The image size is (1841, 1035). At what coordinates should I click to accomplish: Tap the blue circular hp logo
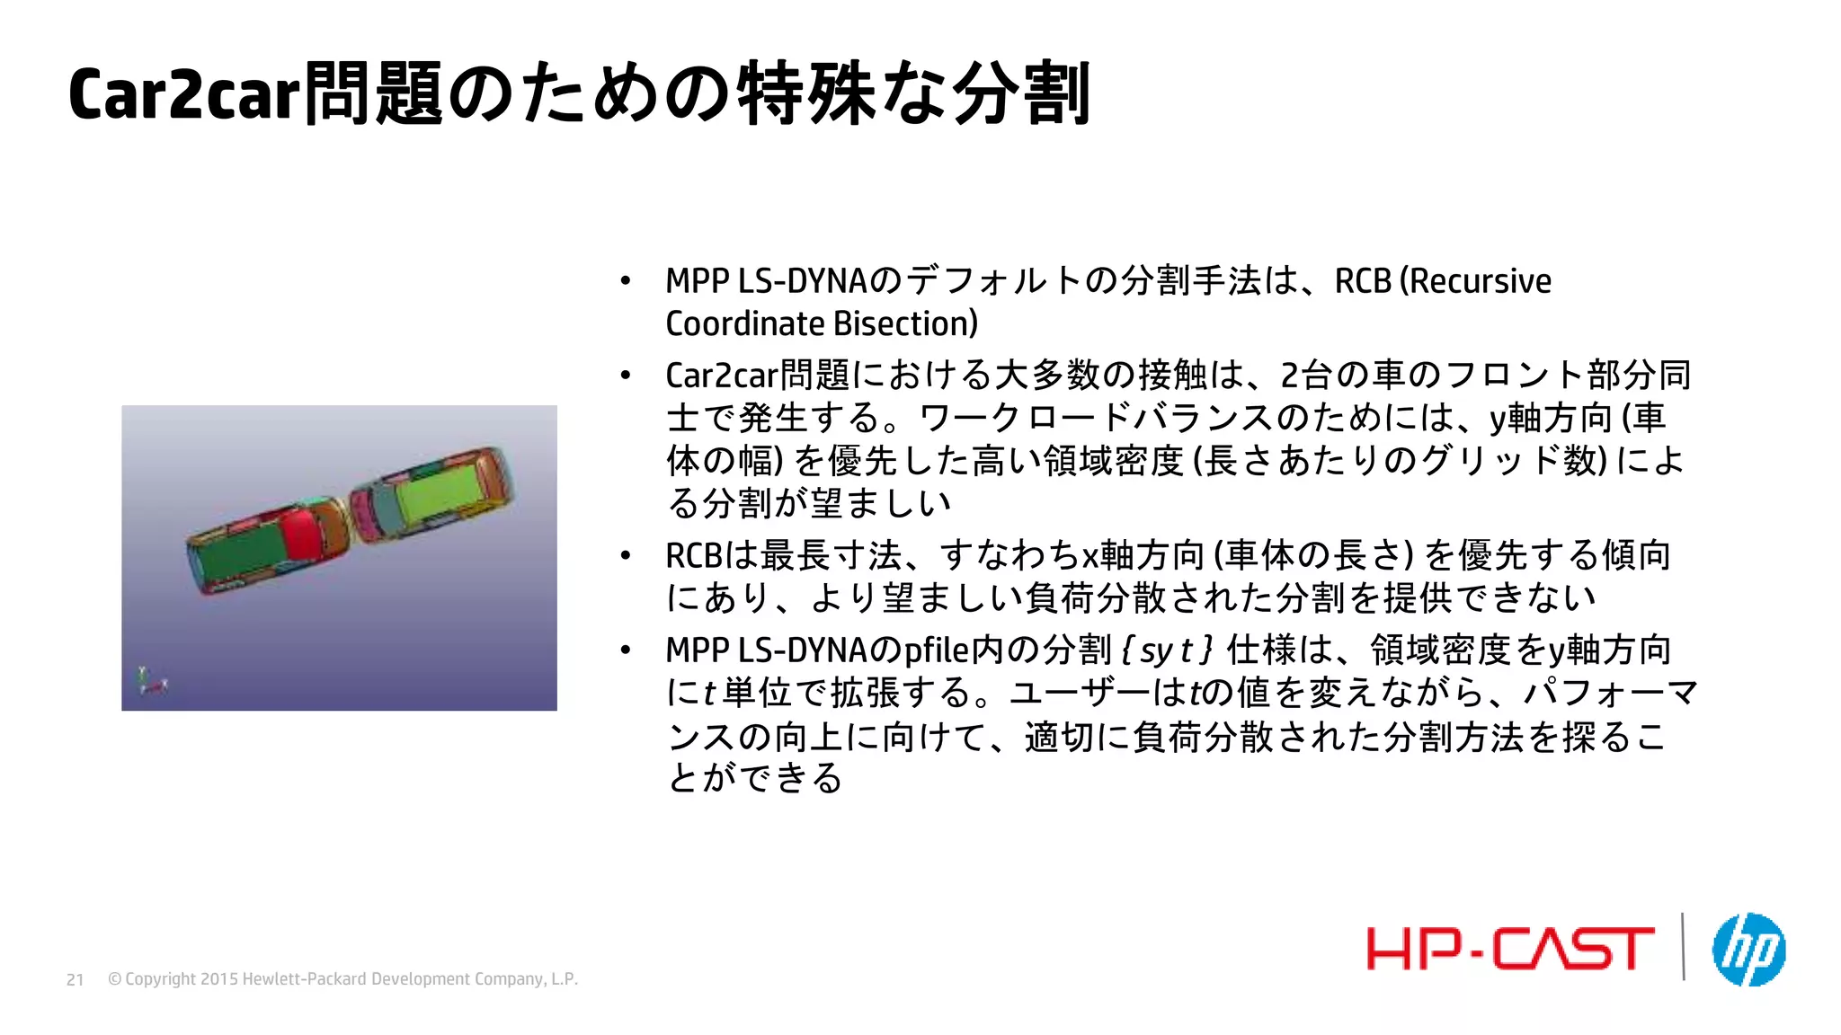(1748, 950)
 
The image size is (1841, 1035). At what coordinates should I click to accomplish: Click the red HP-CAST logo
(1510, 950)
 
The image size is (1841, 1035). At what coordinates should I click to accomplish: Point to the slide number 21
(76, 979)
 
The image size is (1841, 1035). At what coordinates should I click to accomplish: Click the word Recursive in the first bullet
(1480, 281)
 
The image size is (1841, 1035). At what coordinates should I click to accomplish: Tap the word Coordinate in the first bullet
(744, 323)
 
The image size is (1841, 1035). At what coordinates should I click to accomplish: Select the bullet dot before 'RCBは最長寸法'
(626, 556)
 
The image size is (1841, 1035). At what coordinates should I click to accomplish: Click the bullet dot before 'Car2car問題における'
(626, 375)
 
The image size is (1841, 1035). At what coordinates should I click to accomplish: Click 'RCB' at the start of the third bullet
(694, 556)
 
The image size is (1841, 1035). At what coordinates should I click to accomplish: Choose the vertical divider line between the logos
(1683, 946)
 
